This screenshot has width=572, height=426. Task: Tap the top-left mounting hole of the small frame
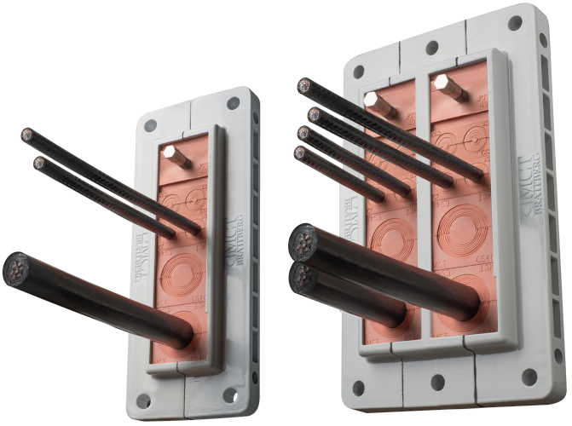[151, 125]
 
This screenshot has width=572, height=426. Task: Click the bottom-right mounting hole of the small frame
[229, 394]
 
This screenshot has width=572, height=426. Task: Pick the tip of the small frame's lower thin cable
[38, 161]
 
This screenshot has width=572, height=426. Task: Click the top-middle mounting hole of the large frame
[432, 46]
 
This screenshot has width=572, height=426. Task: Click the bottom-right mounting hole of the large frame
[529, 376]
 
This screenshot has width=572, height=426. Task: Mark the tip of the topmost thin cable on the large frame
[304, 86]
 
